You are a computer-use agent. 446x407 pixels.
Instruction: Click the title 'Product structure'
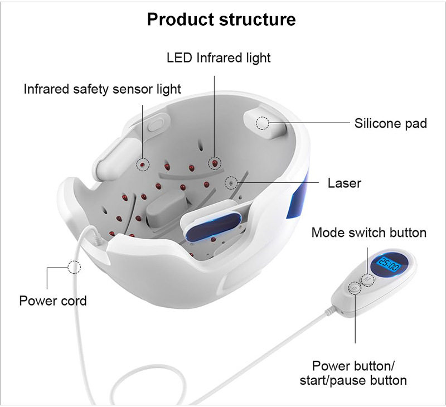pyautogui.click(x=221, y=20)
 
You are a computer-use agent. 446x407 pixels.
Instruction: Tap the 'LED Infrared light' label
pyautogui.click(x=219, y=57)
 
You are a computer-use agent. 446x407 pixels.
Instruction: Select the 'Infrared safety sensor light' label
pyautogui.click(x=102, y=89)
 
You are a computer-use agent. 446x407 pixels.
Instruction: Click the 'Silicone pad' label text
pyautogui.click(x=390, y=123)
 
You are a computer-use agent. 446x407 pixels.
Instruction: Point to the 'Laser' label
pyautogui.click(x=344, y=183)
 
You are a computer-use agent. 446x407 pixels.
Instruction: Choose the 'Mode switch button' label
pyautogui.click(x=369, y=232)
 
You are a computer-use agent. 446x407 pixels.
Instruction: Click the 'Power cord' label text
pyautogui.click(x=53, y=301)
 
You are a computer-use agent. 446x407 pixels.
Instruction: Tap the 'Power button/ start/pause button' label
pyautogui.click(x=353, y=373)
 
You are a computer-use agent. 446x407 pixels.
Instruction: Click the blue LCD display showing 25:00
pyautogui.click(x=389, y=264)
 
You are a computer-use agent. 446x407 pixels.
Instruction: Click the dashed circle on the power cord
pyautogui.click(x=74, y=267)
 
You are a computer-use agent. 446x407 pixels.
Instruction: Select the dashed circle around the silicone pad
pyautogui.click(x=262, y=123)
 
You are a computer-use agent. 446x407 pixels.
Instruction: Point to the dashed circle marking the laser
pyautogui.click(x=229, y=182)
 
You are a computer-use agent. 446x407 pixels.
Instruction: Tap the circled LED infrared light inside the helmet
pyautogui.click(x=214, y=162)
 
